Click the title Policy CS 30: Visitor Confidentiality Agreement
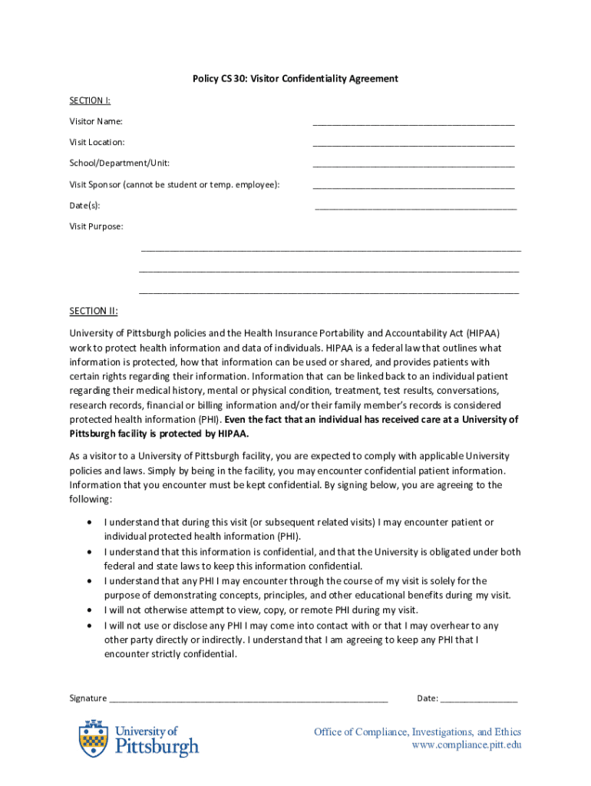295,79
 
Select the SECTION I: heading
90,101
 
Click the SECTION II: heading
94,311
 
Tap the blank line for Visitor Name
413,123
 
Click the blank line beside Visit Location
413,144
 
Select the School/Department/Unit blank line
413,165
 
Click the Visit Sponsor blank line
413,187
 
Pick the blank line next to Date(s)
415,207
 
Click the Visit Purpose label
96,226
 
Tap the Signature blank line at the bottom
249,701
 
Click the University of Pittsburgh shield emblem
93,738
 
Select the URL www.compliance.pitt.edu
466,745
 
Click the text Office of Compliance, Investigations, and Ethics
417,732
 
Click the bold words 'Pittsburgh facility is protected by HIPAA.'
159,434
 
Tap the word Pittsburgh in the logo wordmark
157,746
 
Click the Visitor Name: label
96,121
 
